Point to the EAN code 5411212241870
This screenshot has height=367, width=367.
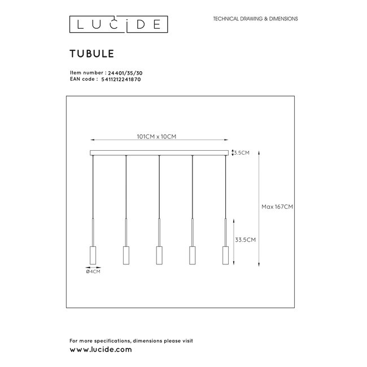tap(119, 81)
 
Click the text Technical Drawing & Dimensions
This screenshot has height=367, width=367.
tap(254, 19)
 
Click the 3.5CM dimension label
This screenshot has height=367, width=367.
tap(242, 152)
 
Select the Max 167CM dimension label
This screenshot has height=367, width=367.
tap(277, 207)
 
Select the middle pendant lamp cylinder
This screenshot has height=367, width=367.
tap(159, 255)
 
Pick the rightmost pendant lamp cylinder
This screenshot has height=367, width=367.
tap(226, 255)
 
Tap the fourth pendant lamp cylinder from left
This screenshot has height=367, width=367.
tap(193, 255)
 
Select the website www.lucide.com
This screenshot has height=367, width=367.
tap(101, 349)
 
